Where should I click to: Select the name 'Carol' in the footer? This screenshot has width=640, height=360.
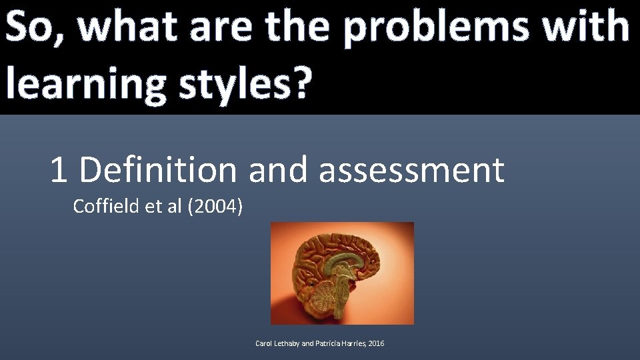[264, 343]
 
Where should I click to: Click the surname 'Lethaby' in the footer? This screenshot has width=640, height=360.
[287, 343]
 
